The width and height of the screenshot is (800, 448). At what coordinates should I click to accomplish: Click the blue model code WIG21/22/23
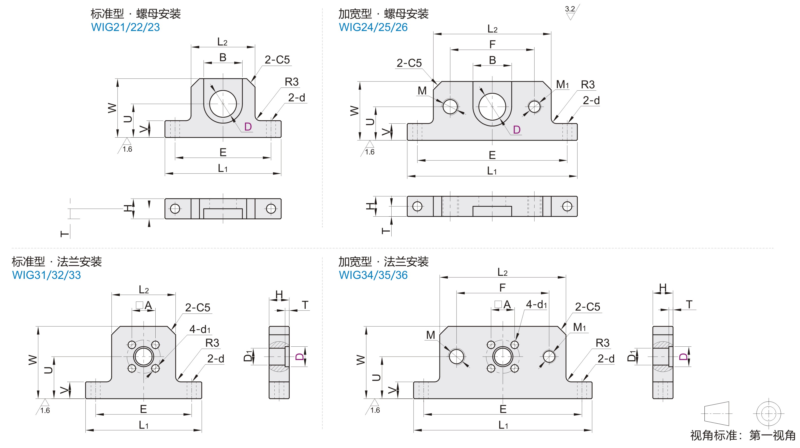coord(125,27)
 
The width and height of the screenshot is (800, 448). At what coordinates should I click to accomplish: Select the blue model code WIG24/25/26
coord(373,27)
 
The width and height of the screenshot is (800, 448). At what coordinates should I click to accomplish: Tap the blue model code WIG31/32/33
coord(46,275)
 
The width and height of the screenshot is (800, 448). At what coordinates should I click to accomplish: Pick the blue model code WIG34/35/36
coord(373,275)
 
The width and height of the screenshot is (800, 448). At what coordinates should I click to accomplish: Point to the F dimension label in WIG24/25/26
coord(492,45)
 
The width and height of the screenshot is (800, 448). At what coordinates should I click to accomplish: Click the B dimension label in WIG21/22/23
coord(223,57)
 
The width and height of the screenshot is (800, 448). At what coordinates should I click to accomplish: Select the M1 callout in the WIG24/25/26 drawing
coord(562,84)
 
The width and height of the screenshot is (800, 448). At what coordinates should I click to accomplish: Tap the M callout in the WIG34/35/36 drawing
coord(431,335)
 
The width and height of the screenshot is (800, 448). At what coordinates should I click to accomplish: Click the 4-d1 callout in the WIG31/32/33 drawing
coord(200,329)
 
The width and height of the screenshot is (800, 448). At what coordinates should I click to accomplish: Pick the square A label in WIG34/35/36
coord(503,305)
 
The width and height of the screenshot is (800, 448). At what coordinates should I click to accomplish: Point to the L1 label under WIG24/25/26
coord(492,171)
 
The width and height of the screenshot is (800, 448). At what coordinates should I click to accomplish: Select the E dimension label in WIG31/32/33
coord(143,409)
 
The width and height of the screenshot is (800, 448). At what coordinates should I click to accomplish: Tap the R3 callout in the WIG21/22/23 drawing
coord(292,82)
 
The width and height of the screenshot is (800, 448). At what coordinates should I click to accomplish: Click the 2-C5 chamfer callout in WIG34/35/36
coord(588,307)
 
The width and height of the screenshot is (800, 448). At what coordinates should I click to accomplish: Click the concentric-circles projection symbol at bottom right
coord(768,413)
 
